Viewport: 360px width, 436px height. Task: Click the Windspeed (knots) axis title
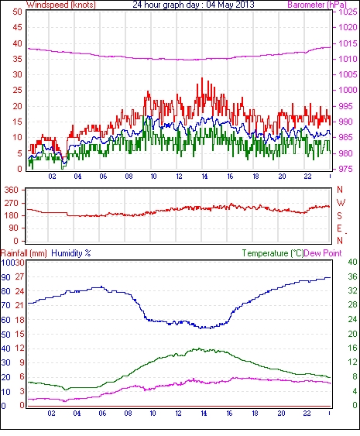click(x=61, y=5)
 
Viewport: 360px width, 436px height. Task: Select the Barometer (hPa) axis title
click(x=317, y=5)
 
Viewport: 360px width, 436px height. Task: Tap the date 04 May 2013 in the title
click(x=230, y=5)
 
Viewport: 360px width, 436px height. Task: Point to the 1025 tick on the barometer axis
click(x=348, y=12)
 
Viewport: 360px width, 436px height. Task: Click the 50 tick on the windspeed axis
click(x=18, y=12)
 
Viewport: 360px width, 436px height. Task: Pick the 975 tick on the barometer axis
click(x=345, y=169)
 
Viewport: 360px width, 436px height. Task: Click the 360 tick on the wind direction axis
click(x=11, y=190)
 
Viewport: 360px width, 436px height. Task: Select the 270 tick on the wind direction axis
click(x=11, y=203)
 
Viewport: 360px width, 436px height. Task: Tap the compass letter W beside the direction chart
click(x=341, y=203)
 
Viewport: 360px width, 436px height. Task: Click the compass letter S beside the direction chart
click(x=339, y=216)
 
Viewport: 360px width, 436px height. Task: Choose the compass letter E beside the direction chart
click(x=339, y=228)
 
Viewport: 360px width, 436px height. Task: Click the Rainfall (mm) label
click(x=24, y=253)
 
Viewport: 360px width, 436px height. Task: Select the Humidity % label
click(x=71, y=253)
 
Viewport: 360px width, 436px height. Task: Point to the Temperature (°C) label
click(x=273, y=253)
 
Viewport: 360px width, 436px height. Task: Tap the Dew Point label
click(x=323, y=253)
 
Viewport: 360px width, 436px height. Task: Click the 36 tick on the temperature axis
click(x=352, y=276)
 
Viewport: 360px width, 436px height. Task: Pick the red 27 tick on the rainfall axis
click(x=19, y=276)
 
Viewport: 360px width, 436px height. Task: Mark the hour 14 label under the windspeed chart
click(x=204, y=177)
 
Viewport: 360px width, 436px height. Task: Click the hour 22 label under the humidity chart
click(x=307, y=414)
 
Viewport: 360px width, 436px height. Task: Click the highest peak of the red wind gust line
click(x=202, y=78)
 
